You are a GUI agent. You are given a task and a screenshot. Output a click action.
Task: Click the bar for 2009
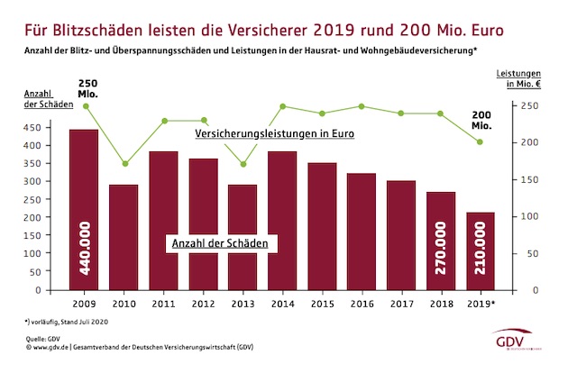point(84,209)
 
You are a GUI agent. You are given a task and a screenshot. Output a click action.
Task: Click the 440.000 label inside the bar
point(85,256)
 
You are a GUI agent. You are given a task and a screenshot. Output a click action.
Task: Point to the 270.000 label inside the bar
point(441,256)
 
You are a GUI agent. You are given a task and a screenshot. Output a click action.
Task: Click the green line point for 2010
point(124,164)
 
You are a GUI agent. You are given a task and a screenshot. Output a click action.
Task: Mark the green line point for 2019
point(481,141)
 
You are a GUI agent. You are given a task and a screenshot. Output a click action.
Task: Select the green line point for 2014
point(282,106)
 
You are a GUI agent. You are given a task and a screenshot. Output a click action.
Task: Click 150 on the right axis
point(531,180)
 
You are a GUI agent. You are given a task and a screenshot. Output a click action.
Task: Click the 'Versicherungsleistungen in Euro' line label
point(275,133)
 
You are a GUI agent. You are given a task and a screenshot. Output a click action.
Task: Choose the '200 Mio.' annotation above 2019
point(481,119)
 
